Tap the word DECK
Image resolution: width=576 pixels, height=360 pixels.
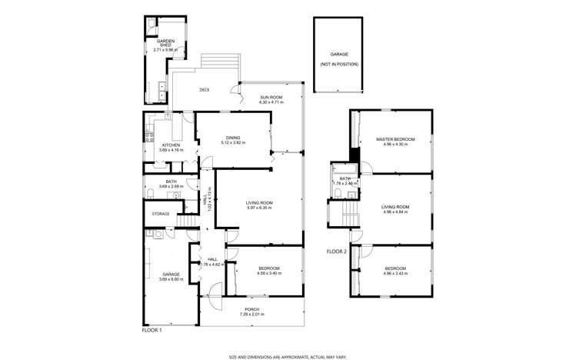205,90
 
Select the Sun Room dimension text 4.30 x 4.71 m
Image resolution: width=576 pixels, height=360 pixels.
271,102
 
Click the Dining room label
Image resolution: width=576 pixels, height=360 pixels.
232,139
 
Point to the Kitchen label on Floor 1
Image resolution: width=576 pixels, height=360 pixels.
171,145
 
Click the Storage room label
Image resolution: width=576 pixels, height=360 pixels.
160,214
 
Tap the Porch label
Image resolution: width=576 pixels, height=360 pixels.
251,310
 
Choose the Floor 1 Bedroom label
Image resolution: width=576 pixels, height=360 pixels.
268,268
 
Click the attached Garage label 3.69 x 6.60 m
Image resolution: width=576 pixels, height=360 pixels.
171,276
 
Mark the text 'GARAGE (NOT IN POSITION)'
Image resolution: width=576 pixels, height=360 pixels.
339,59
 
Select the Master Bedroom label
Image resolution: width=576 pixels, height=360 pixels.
395,139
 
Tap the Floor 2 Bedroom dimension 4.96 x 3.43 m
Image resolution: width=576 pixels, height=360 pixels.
395,272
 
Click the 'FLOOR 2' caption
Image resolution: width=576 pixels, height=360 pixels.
337,252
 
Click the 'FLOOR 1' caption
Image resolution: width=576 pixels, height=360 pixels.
151,330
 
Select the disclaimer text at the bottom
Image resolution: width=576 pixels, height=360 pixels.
288,356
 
